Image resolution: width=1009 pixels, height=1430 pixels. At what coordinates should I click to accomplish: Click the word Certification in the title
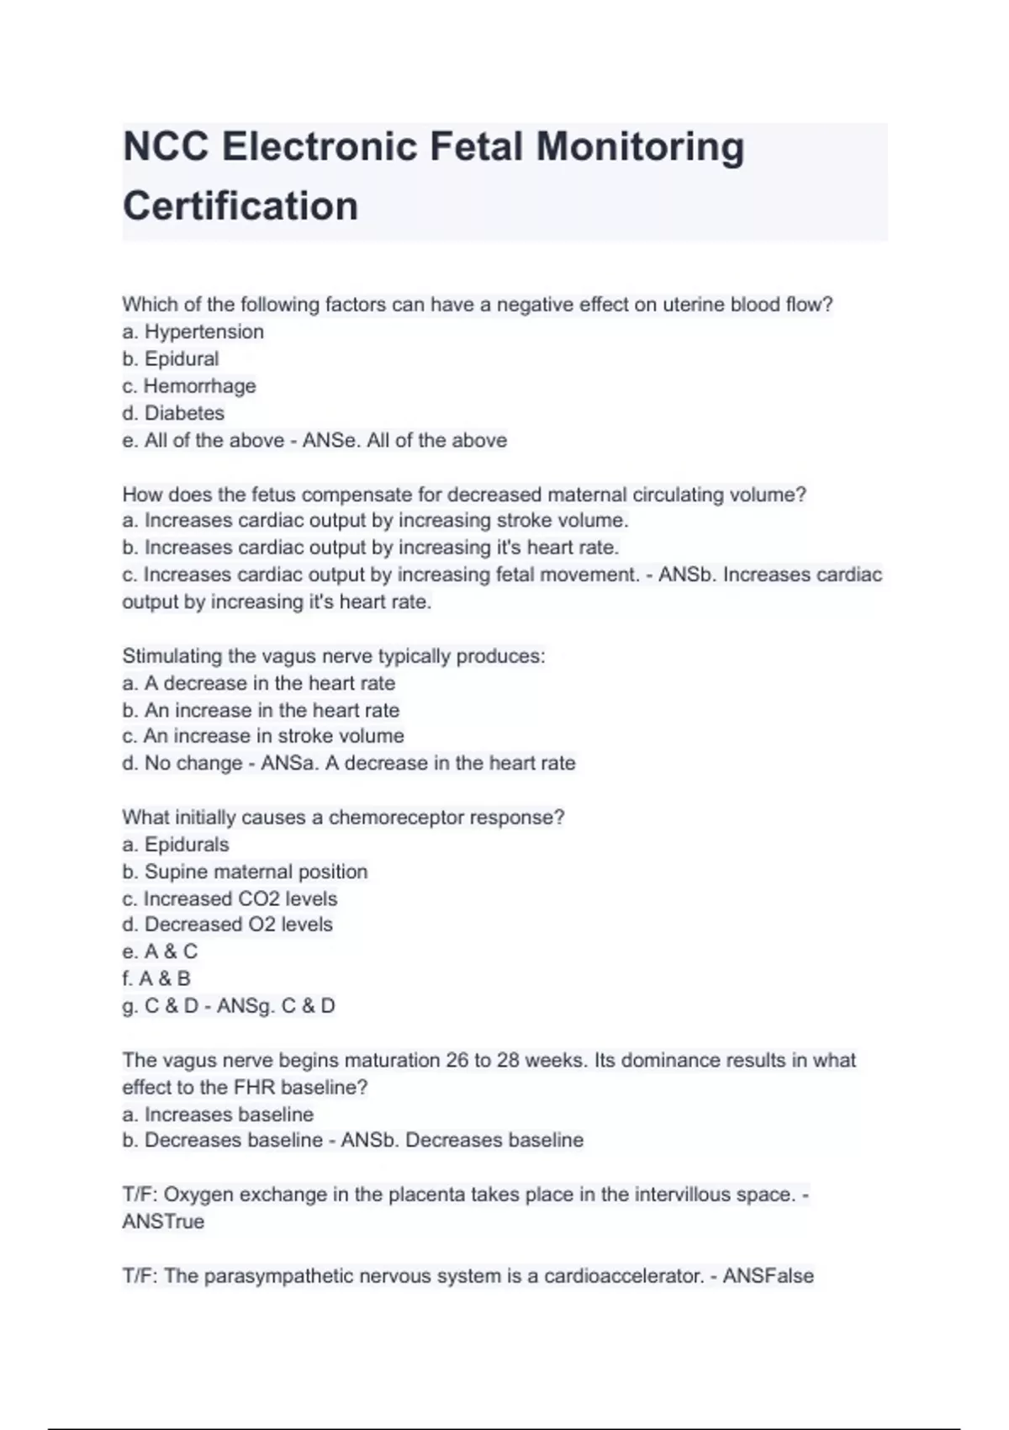tap(240, 206)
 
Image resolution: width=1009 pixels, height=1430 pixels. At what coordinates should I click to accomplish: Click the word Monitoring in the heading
tap(640, 146)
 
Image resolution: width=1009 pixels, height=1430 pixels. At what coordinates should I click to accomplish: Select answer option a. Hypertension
tap(193, 331)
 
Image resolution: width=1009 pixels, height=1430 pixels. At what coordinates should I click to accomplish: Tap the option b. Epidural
tap(171, 358)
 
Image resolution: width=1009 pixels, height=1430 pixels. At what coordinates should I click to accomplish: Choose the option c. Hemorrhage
tap(189, 386)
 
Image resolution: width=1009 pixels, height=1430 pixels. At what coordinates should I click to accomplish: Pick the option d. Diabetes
tap(173, 413)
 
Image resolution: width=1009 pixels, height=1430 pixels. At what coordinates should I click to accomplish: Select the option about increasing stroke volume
tap(375, 521)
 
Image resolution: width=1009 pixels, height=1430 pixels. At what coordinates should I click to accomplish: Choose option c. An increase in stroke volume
tap(263, 736)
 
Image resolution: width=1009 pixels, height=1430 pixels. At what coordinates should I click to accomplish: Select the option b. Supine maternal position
tap(245, 871)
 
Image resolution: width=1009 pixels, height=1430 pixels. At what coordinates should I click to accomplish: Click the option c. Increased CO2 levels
tap(230, 898)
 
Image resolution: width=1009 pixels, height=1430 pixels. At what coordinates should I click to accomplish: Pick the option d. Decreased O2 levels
tap(227, 924)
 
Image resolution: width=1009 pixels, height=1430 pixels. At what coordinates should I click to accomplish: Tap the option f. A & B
tap(156, 978)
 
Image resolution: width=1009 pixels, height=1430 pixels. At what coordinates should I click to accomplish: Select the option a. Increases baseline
tap(218, 1115)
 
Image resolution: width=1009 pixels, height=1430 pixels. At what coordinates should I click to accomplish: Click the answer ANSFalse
tap(768, 1276)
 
